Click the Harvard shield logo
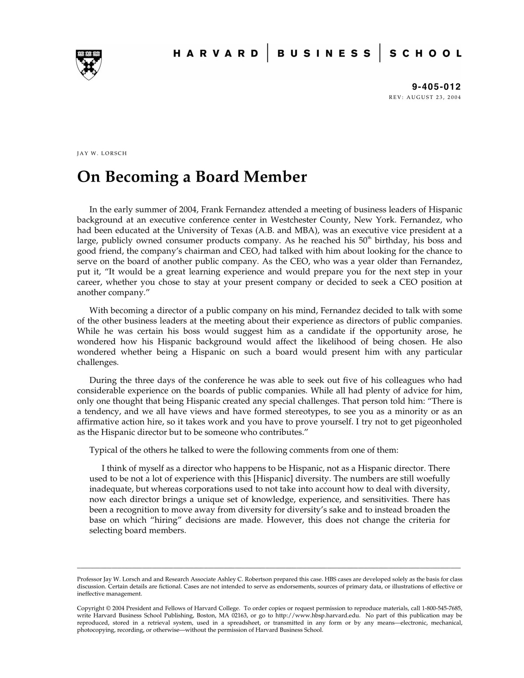point(88,65)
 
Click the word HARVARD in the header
point(216,54)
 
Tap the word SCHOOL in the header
point(425,54)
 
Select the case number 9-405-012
point(436,87)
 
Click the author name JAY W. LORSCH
point(102,153)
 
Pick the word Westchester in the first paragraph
point(293,220)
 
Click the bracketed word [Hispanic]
point(273,479)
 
